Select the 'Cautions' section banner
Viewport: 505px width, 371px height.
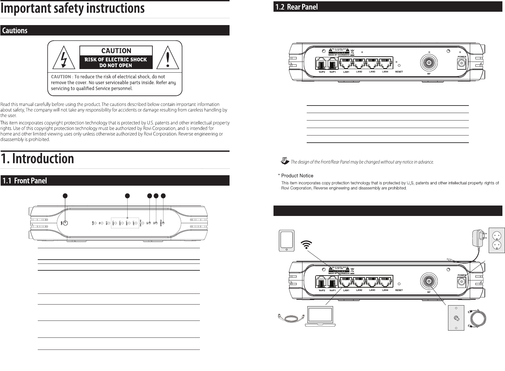[x=115, y=31]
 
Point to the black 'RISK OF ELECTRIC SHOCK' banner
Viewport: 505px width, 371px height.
[x=116, y=62]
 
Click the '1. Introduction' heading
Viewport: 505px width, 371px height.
[x=37, y=159]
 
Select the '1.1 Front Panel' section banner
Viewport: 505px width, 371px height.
[x=115, y=181]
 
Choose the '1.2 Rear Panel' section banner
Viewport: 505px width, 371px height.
[x=387, y=7]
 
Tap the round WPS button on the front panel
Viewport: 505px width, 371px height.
[x=65, y=223]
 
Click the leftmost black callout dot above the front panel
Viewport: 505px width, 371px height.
[x=65, y=196]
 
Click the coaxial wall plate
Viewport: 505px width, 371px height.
[x=456, y=318]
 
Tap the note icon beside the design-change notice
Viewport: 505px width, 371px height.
[x=285, y=161]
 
